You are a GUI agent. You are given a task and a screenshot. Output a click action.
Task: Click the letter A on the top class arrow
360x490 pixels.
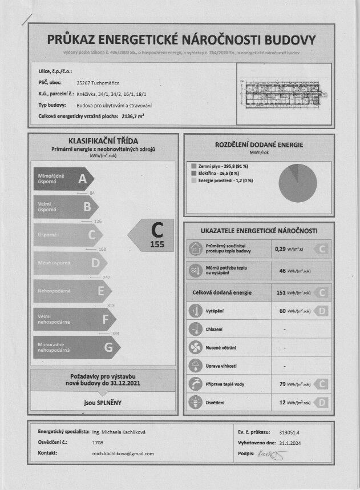click(x=83, y=179)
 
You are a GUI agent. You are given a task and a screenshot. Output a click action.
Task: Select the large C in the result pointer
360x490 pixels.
click(x=157, y=230)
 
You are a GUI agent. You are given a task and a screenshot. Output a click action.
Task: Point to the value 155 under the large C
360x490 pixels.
click(x=157, y=244)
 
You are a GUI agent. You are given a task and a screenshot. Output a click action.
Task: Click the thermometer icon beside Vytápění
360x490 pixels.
click(x=195, y=311)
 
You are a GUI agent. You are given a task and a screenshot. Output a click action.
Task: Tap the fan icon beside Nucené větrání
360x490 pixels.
click(x=195, y=347)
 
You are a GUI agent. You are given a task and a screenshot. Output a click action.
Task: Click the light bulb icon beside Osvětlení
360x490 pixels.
click(x=195, y=402)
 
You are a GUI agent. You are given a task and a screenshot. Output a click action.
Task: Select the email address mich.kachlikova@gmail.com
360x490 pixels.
click(x=123, y=453)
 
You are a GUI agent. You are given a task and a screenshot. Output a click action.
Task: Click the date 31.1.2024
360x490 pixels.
click(x=290, y=443)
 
